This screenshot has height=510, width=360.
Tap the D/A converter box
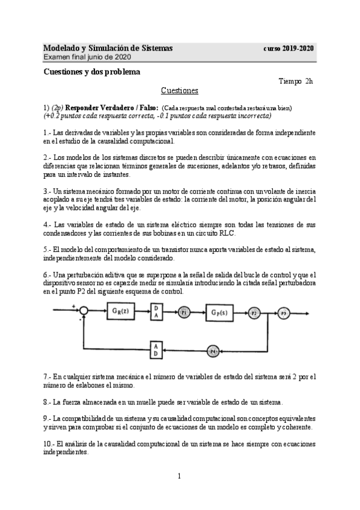click(x=156, y=312)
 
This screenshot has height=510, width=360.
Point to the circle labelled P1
click(x=184, y=313)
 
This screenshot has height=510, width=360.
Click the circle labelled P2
click(x=254, y=313)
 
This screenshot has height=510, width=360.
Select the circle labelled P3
click(x=284, y=313)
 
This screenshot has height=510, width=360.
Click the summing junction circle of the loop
click(x=85, y=310)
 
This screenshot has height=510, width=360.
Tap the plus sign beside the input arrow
click(x=74, y=305)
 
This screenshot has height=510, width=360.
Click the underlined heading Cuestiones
click(x=179, y=91)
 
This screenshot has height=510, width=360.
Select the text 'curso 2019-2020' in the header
click(x=289, y=48)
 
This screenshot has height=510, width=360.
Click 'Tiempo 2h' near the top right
click(x=296, y=81)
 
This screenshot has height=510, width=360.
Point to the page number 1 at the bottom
click(x=179, y=476)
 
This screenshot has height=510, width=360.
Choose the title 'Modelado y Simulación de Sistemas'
click(x=108, y=48)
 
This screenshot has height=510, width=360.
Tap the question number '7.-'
click(x=47, y=376)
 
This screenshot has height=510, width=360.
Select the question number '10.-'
click(x=49, y=443)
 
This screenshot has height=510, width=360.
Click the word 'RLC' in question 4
click(x=227, y=233)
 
